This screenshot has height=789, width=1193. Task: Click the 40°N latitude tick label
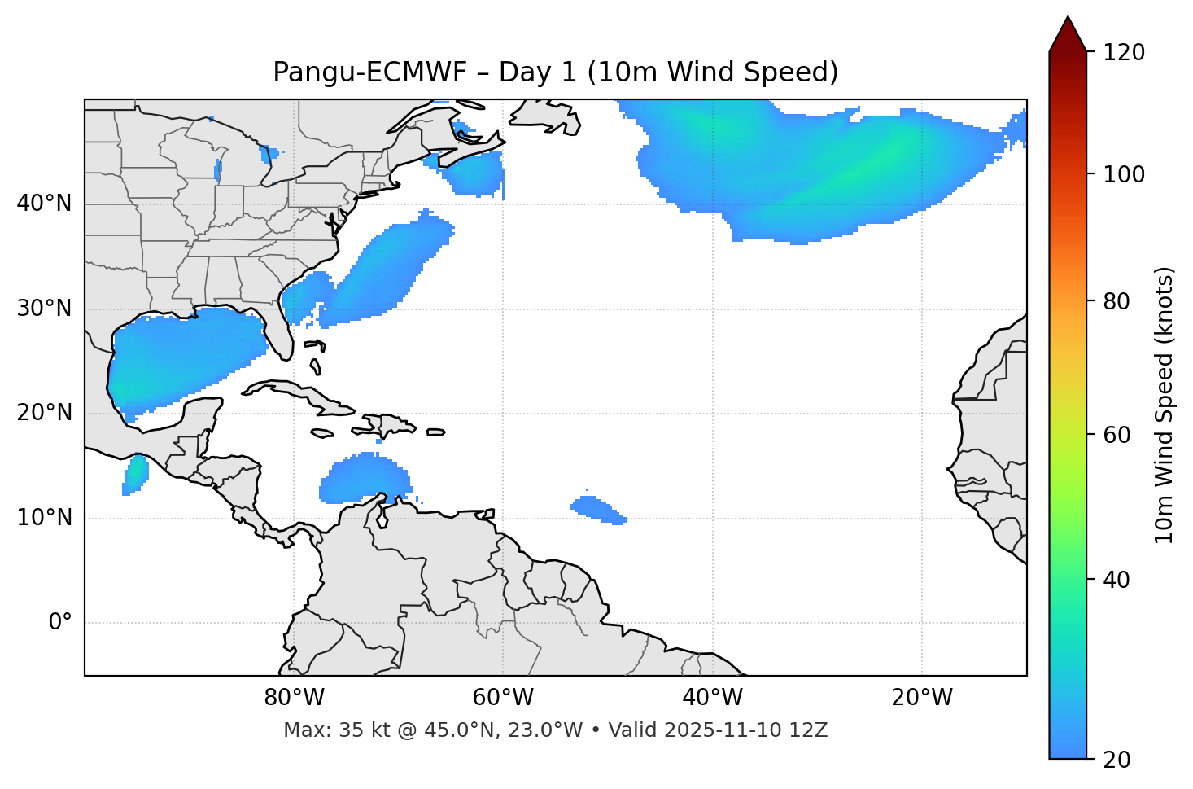click(x=44, y=204)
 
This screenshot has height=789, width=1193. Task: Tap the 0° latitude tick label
click(x=60, y=623)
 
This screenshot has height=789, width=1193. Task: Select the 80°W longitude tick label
click(x=294, y=698)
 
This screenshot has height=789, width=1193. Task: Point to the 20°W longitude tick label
click(x=922, y=698)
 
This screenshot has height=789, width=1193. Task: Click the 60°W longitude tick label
click(x=503, y=698)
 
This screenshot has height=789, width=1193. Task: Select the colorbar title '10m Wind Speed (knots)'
click(x=1165, y=405)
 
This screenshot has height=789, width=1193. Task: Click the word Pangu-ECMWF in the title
click(x=369, y=72)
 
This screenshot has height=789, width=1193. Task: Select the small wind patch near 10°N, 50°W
click(x=598, y=510)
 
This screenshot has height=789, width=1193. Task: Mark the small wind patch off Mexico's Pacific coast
click(x=135, y=474)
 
